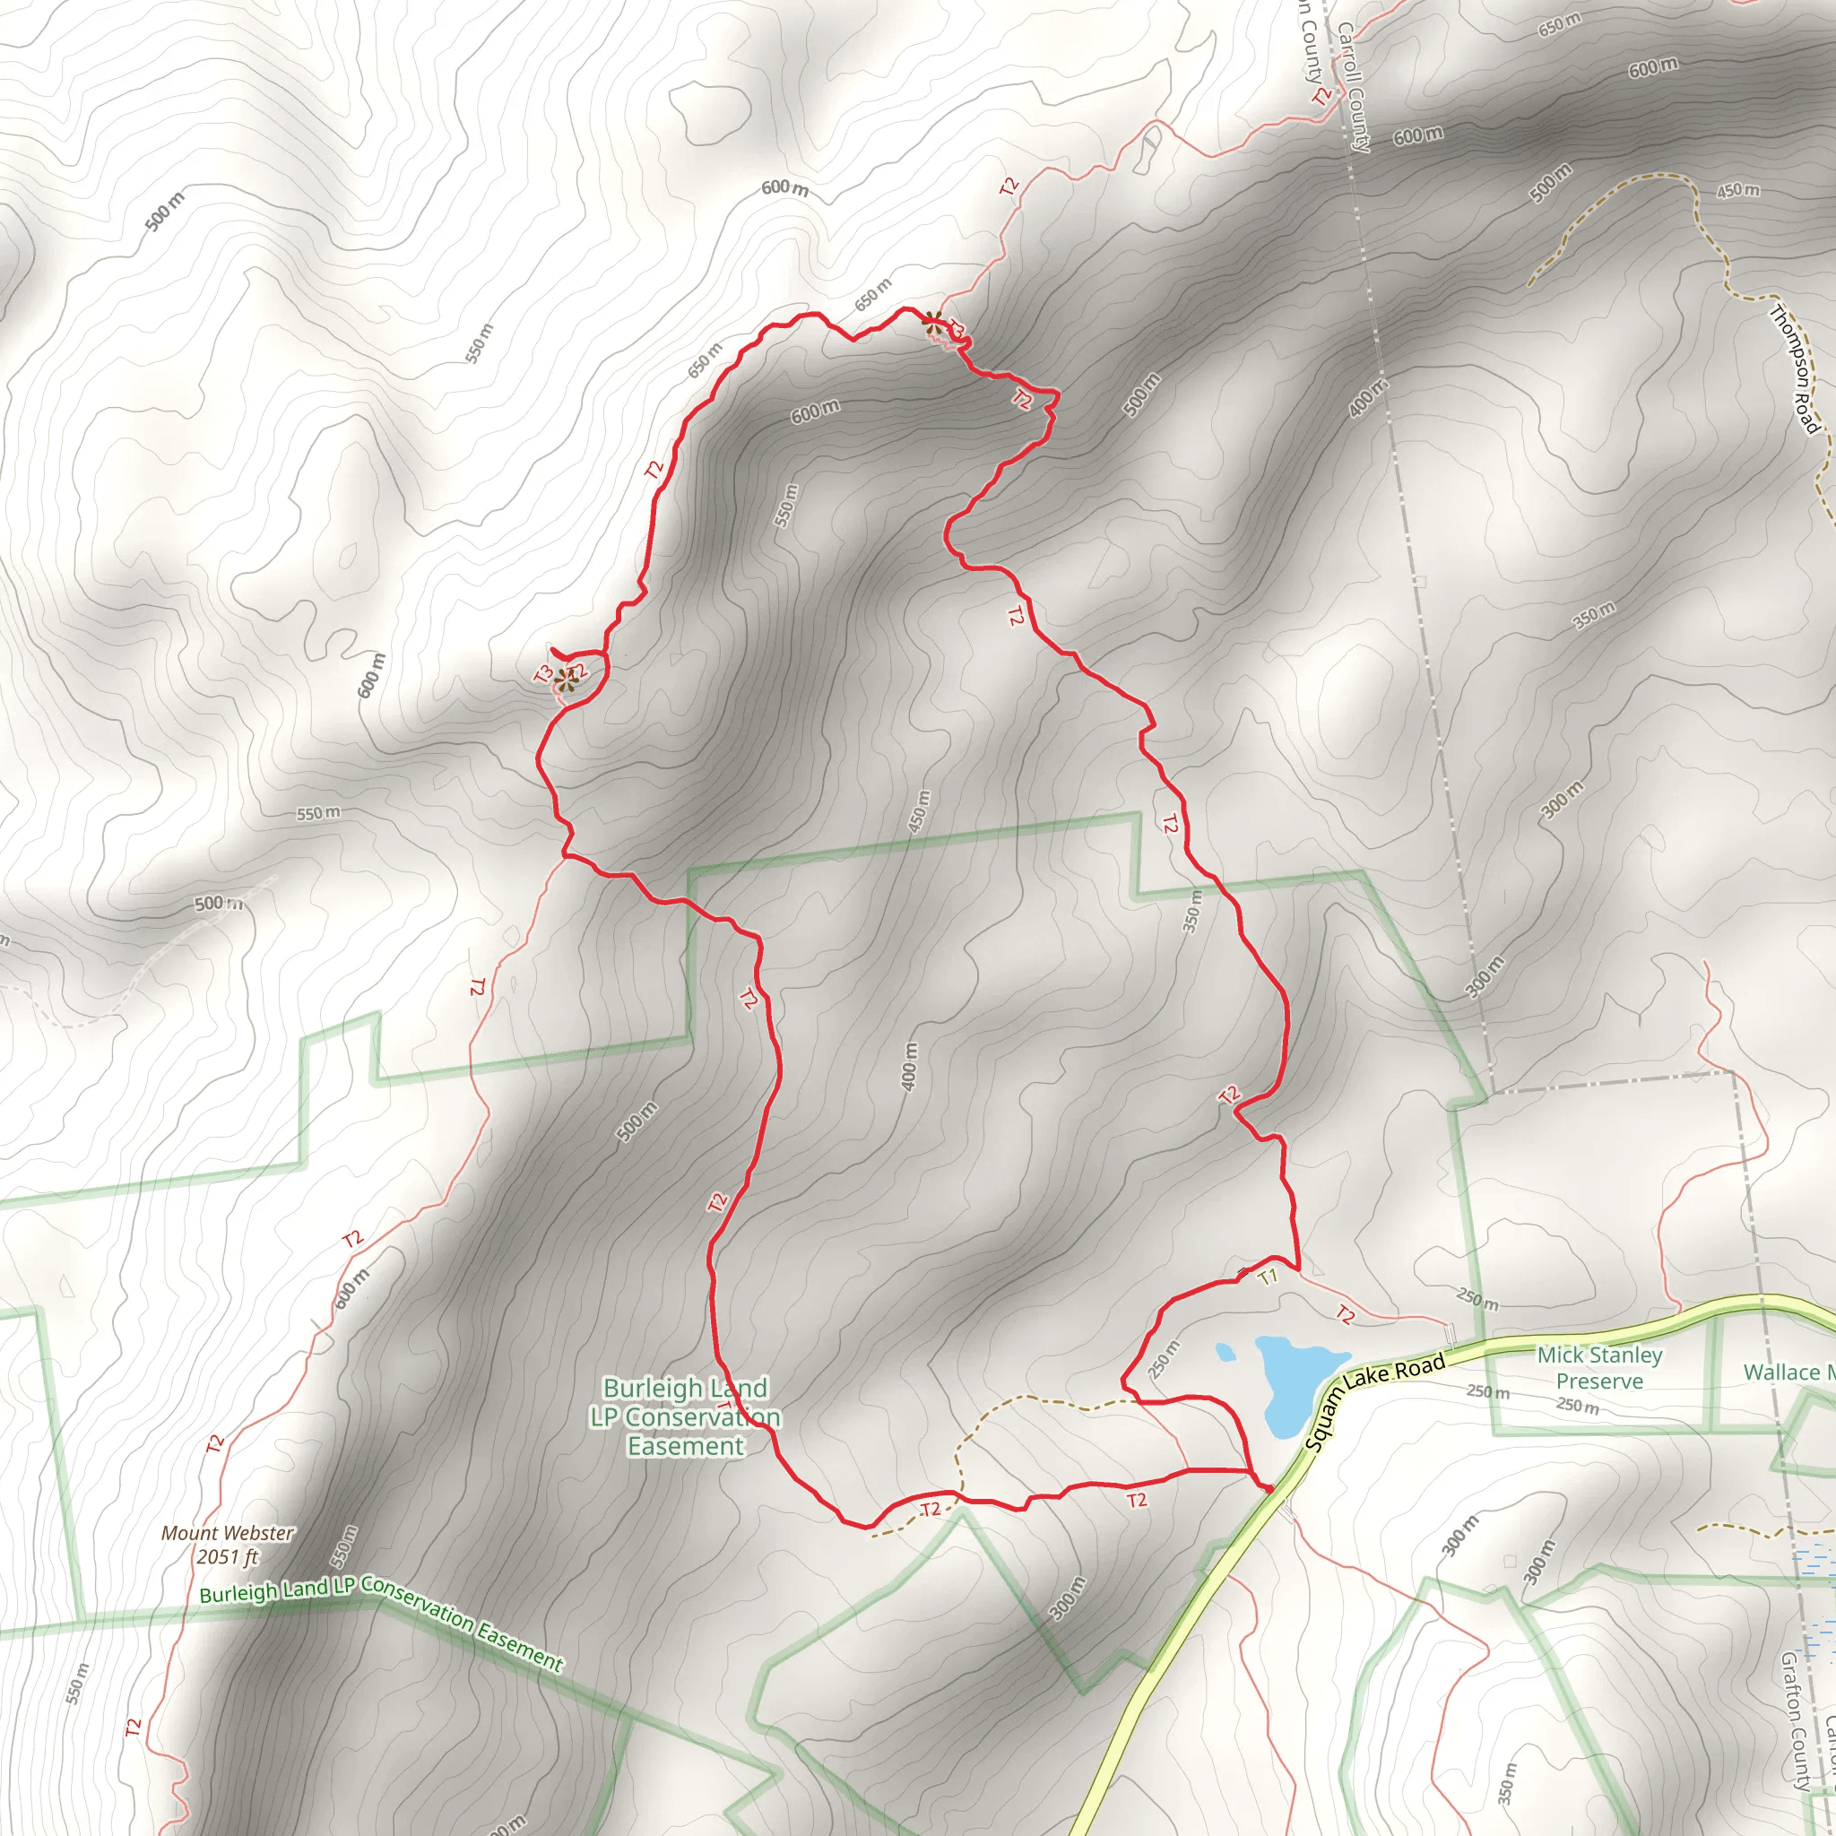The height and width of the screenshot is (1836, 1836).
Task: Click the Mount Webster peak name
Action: (227, 1533)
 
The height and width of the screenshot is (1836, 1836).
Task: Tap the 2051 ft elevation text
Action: (227, 1556)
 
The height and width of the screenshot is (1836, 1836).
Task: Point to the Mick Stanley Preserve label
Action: (1600, 1367)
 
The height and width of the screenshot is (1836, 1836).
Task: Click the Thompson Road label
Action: (1795, 368)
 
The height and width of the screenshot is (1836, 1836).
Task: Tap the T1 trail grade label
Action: (1268, 1277)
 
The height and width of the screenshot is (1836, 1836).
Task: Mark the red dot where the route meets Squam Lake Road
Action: (1268, 1487)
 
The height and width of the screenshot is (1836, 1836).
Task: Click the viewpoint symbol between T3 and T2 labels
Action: (567, 679)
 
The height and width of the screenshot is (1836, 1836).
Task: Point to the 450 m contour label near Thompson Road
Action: (1737, 191)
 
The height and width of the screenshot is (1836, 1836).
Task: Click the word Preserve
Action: (1600, 1381)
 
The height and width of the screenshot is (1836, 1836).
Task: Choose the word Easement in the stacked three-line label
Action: (685, 1446)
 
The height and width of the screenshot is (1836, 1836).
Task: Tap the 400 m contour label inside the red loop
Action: (909, 1066)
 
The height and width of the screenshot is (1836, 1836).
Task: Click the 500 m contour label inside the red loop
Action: (637, 1122)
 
